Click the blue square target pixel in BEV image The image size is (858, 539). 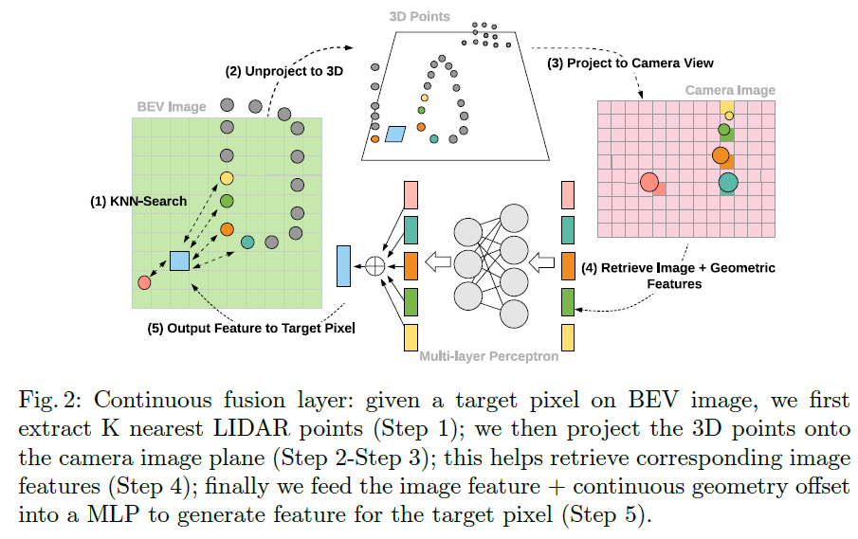click(179, 261)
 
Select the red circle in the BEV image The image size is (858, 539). click(144, 282)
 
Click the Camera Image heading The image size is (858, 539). click(730, 90)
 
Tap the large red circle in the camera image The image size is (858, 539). click(649, 182)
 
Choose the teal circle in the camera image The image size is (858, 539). click(728, 182)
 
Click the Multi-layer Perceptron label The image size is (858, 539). click(488, 357)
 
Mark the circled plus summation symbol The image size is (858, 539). click(375, 265)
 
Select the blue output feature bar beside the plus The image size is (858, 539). click(343, 265)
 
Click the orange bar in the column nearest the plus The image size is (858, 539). click(411, 265)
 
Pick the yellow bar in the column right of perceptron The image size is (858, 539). click(568, 337)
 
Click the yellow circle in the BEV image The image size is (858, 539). click(227, 178)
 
